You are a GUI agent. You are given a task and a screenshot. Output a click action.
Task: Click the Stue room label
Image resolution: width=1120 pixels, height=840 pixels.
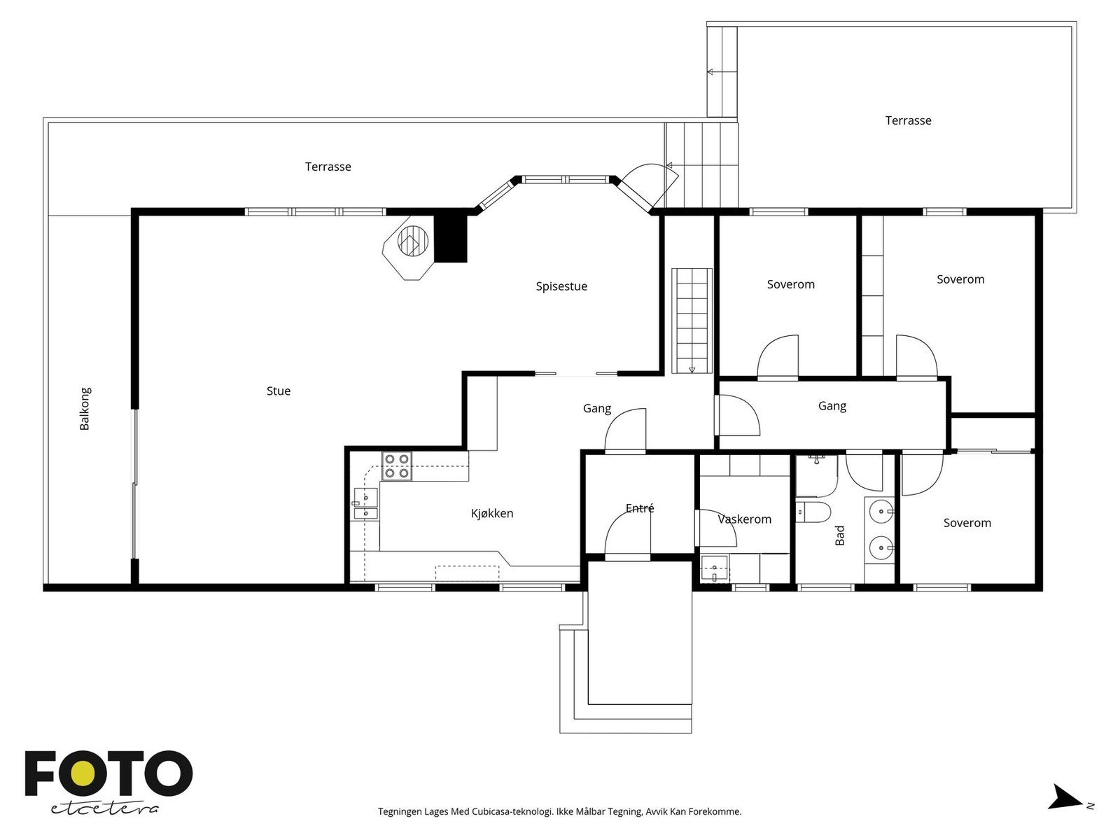tap(279, 391)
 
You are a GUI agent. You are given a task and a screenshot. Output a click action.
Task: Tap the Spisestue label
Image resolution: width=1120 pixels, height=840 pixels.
tap(561, 286)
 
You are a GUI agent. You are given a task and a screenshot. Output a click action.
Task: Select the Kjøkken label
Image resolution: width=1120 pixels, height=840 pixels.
tap(492, 513)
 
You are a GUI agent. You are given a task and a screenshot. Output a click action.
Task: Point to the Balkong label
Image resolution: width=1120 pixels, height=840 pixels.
tap(85, 409)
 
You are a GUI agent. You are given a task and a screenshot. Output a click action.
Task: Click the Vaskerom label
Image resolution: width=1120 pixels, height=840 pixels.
tap(745, 519)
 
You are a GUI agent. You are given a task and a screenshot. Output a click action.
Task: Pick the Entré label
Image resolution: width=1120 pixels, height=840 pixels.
tap(640, 508)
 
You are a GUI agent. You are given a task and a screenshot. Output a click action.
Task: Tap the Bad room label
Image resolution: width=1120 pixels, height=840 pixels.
tap(840, 535)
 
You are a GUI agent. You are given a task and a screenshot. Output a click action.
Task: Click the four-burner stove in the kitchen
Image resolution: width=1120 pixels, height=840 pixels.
tap(397, 466)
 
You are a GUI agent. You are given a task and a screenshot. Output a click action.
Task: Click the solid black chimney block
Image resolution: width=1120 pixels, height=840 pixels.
tap(451, 239)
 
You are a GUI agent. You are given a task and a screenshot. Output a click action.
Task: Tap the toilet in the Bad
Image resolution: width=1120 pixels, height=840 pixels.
tap(814, 512)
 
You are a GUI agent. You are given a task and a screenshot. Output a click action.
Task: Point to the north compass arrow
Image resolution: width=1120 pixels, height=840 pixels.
tap(1065, 811)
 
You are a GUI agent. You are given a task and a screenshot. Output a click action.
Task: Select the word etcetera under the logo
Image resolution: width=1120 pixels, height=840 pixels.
tap(104, 809)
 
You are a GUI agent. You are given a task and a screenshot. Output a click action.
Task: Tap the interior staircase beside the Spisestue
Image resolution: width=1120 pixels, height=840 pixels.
tap(692, 321)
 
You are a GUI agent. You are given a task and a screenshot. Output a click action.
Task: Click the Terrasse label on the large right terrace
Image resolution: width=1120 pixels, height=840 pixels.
tap(908, 121)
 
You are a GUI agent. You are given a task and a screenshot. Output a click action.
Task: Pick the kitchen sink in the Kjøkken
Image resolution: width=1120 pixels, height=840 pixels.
tap(366, 503)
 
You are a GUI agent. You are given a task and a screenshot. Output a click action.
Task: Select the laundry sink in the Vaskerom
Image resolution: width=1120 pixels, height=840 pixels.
tap(715, 568)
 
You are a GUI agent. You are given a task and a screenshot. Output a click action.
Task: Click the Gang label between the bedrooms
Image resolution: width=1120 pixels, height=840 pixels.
tap(832, 406)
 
